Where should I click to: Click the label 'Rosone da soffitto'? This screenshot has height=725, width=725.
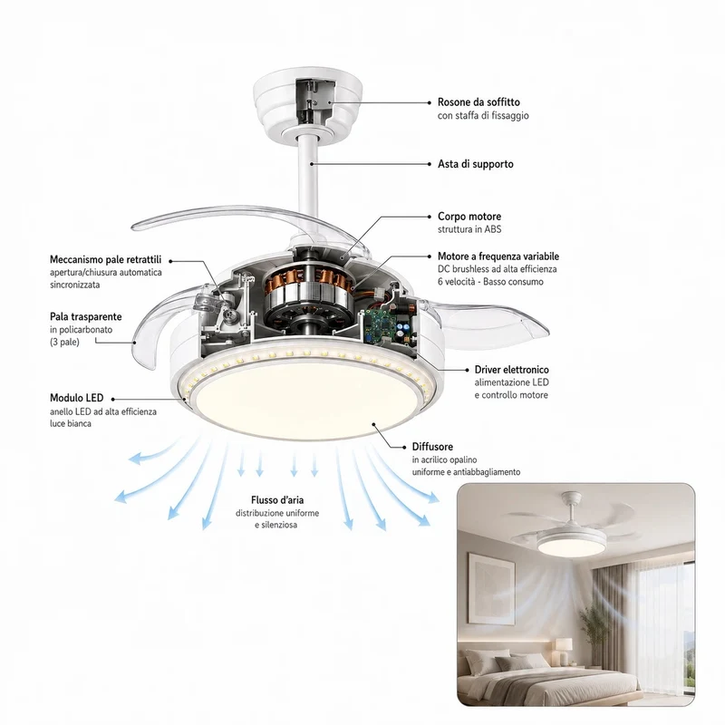(x=478, y=102)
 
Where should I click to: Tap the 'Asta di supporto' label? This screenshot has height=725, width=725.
(x=475, y=164)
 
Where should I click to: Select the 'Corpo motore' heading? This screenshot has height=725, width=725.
(x=469, y=217)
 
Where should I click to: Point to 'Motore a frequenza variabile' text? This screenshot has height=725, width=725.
(x=498, y=256)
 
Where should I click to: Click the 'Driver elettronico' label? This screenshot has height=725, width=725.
(x=512, y=370)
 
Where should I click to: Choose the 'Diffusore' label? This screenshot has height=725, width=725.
(x=432, y=447)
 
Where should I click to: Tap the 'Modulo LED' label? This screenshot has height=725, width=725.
(x=77, y=398)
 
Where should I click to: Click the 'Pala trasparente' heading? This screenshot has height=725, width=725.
(x=86, y=316)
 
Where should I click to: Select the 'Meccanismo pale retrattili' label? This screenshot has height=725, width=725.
(x=106, y=259)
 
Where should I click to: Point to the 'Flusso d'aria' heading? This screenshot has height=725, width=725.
(x=277, y=500)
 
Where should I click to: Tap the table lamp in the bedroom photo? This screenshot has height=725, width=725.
(x=564, y=650)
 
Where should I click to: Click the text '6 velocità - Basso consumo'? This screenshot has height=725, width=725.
(x=490, y=282)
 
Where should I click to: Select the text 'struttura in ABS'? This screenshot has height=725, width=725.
(x=469, y=229)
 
